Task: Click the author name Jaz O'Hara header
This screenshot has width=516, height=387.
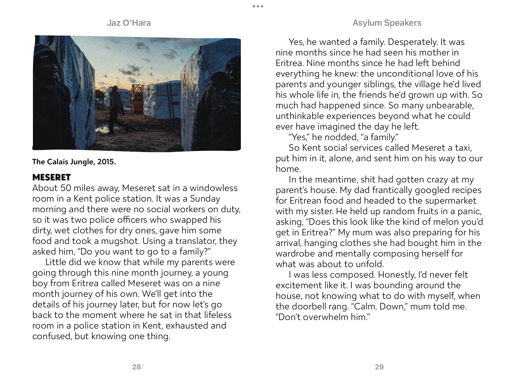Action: pyautogui.click(x=129, y=23)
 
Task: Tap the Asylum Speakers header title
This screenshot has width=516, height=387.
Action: pyautogui.click(x=387, y=23)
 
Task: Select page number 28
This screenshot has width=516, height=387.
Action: pyautogui.click(x=136, y=367)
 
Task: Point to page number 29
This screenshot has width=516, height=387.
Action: pyautogui.click(x=379, y=367)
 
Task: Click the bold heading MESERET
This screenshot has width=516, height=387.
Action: pyautogui.click(x=51, y=177)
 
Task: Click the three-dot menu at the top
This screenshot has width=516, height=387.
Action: pyautogui.click(x=258, y=6)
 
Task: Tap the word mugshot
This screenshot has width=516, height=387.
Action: pyautogui.click(x=120, y=241)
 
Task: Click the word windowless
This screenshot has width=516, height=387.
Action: pyautogui.click(x=214, y=188)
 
